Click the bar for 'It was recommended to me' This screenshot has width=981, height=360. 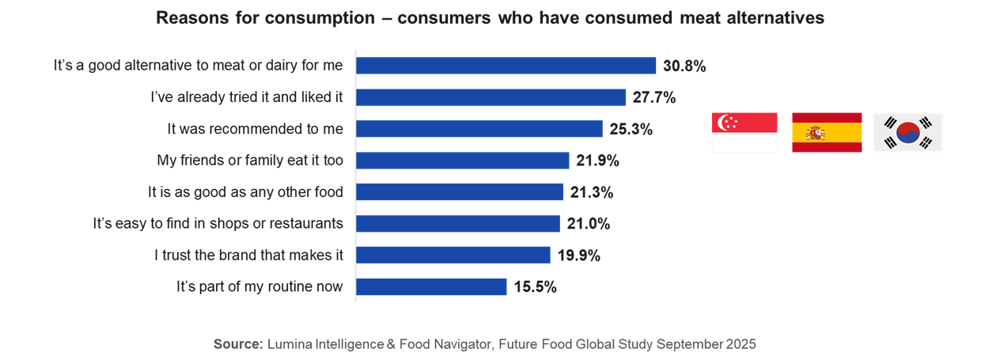click(x=479, y=129)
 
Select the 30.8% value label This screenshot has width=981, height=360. click(x=684, y=66)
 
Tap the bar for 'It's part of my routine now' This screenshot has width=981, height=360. click(x=432, y=286)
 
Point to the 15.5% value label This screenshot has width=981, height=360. click(x=535, y=287)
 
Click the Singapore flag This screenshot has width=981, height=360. click(x=744, y=132)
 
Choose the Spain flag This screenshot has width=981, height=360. click(x=827, y=132)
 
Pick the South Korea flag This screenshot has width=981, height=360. click(x=907, y=132)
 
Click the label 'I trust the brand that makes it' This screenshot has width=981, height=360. click(x=249, y=256)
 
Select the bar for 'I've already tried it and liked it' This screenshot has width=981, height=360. click(x=491, y=97)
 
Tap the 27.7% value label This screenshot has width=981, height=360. click(x=654, y=97)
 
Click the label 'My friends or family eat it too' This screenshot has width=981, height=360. click(x=250, y=161)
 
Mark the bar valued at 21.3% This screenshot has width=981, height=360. click(x=460, y=192)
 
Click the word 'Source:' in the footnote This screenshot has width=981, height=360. click(x=237, y=344)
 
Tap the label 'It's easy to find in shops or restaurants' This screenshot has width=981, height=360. click(x=218, y=224)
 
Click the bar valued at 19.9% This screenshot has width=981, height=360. click(x=453, y=255)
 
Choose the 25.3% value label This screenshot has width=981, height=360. click(x=631, y=129)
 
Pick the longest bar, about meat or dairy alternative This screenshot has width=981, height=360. click(x=506, y=66)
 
